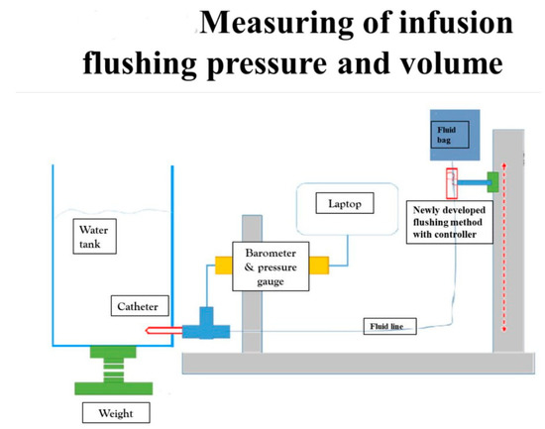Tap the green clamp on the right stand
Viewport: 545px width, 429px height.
[x=491, y=180]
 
